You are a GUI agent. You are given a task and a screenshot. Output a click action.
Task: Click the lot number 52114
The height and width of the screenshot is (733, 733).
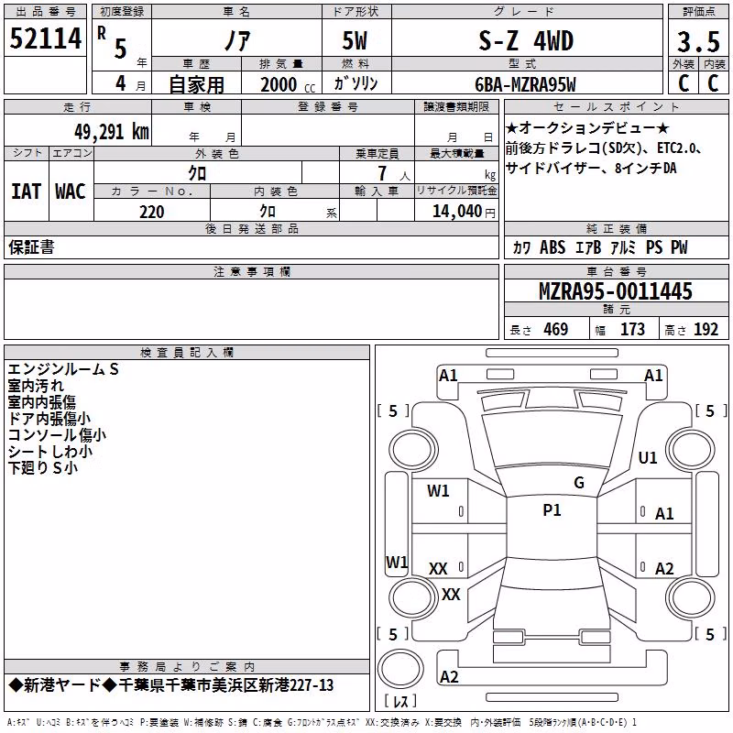[45, 38]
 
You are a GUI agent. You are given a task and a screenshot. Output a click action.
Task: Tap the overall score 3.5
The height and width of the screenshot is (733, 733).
[698, 41]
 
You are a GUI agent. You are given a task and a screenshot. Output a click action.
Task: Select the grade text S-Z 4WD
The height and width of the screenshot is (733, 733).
[526, 40]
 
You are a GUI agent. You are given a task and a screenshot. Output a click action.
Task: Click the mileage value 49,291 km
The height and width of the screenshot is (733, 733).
[111, 132]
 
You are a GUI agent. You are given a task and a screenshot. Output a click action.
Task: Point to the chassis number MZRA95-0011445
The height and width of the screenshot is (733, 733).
[616, 291]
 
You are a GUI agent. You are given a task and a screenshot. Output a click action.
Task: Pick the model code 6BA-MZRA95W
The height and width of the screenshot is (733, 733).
[525, 84]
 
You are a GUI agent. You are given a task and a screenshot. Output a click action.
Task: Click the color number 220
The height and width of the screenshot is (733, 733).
[151, 212]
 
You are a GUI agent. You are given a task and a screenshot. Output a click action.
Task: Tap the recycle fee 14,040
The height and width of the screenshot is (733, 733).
[457, 212]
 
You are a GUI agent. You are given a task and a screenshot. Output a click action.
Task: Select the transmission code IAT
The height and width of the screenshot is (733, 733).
[27, 191]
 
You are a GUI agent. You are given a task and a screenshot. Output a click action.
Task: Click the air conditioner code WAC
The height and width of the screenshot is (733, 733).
[71, 191]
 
